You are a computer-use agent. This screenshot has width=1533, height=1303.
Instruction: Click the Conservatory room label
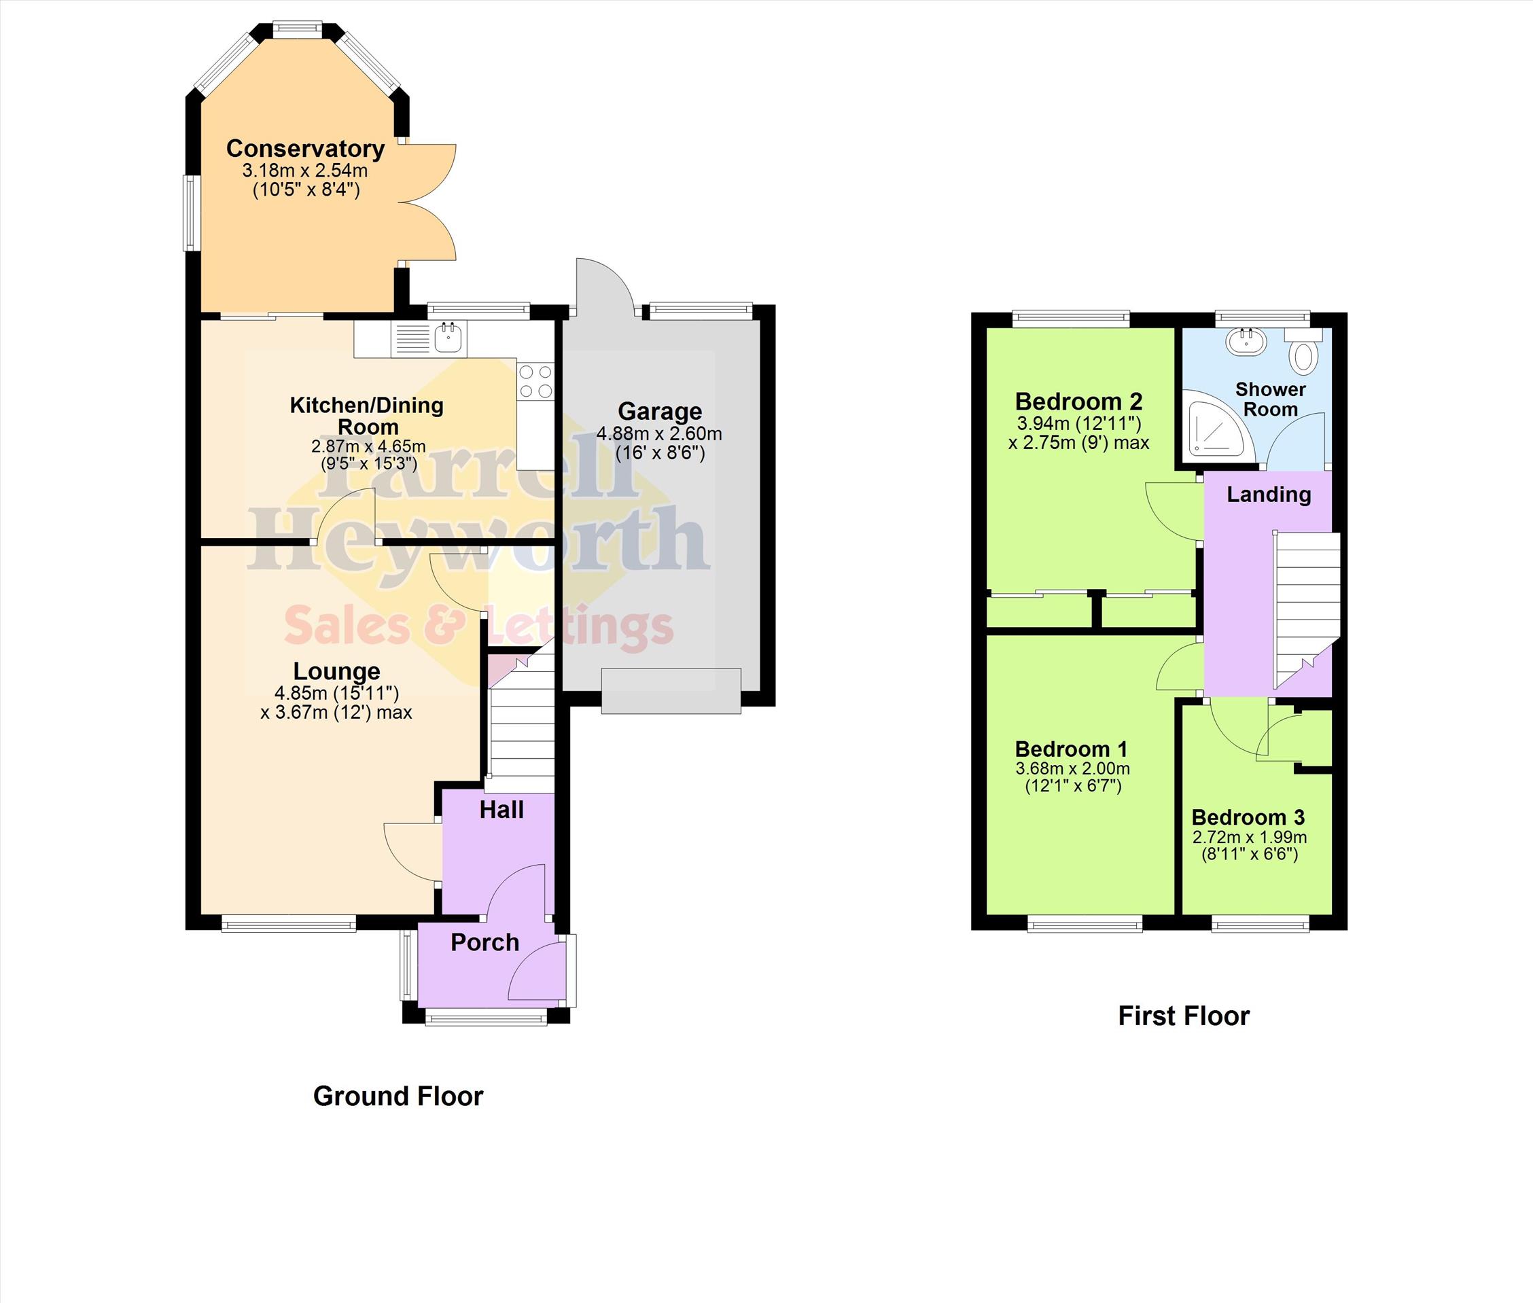click(305, 149)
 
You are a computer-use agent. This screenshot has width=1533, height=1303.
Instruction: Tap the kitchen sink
click(429, 338)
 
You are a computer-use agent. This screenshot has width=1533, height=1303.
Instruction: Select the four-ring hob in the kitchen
click(535, 381)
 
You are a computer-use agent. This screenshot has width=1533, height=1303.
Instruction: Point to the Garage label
click(660, 412)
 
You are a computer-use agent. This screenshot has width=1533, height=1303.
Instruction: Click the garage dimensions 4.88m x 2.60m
click(659, 433)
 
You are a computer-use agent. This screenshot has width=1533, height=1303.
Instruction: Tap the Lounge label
click(337, 671)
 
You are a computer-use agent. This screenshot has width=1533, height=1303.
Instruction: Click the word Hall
click(501, 810)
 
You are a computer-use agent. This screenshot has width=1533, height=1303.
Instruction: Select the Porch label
click(484, 942)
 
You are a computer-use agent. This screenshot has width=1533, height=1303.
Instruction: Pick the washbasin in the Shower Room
click(1246, 341)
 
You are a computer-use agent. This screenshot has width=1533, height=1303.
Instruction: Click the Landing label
click(1269, 494)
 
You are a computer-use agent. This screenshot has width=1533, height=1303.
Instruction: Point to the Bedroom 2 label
click(1078, 401)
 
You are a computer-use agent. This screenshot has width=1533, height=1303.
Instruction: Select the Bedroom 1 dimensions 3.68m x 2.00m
click(1072, 768)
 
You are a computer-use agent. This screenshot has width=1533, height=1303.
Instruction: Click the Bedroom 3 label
click(1248, 817)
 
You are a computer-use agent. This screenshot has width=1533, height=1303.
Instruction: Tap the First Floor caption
click(1184, 1016)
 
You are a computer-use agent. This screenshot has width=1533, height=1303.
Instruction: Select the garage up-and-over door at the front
click(671, 691)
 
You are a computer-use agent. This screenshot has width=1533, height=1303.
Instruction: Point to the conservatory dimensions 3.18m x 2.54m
click(304, 170)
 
